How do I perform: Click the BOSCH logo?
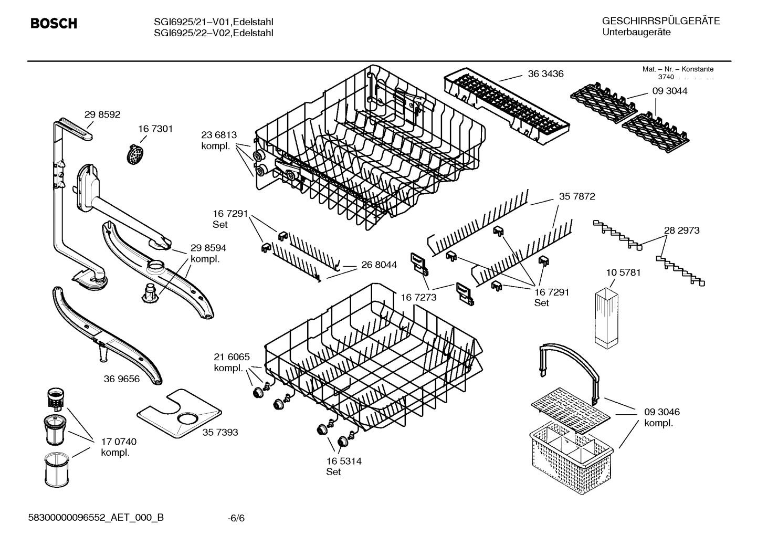coord(54,24)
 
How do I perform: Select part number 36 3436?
coord(545,74)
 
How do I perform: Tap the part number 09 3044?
coord(669,91)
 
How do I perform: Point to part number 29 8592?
coord(102,114)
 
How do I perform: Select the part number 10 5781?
coord(623,272)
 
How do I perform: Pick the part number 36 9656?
coord(122,379)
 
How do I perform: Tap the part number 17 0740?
coord(119,442)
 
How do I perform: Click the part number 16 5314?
coord(343,461)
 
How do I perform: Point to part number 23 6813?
coord(219,135)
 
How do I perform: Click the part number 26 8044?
coord(379,265)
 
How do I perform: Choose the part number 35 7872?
coord(577,196)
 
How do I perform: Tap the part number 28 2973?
coord(681,230)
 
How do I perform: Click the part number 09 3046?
coord(661,412)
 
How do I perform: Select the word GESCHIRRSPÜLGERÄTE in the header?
coord(660,21)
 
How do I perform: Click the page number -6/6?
coord(236,518)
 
